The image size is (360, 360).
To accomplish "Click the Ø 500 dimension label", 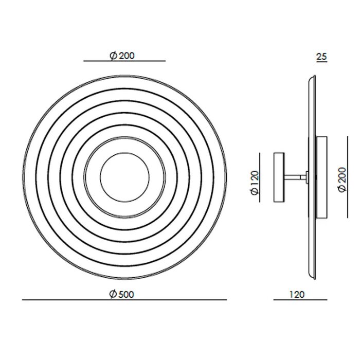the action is pos(122,294).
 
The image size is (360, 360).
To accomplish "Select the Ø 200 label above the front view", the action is pos(122,56).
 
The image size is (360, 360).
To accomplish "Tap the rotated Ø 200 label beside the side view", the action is pos(342,180).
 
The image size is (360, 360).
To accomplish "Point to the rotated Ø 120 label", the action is pos(255,183).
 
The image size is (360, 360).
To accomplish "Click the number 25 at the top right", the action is pos(321,57).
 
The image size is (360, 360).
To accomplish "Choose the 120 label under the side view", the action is pos(297,295).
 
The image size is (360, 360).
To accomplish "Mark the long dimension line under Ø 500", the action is pos(124,300).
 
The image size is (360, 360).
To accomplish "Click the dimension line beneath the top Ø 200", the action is pos(124,61).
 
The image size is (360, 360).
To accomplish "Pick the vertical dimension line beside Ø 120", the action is pos(260,177).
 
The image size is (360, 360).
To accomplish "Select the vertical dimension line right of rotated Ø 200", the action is pos(348,177).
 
